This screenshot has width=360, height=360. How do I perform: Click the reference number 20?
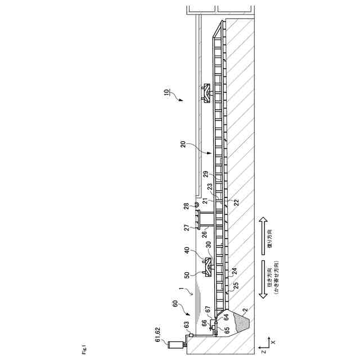click(x=184, y=145)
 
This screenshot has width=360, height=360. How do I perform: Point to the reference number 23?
click(x=209, y=186)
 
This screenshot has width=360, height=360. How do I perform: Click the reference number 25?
click(x=237, y=286)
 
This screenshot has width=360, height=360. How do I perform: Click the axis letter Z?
click(x=262, y=351)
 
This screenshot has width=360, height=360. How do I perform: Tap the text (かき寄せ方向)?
click(x=283, y=280)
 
